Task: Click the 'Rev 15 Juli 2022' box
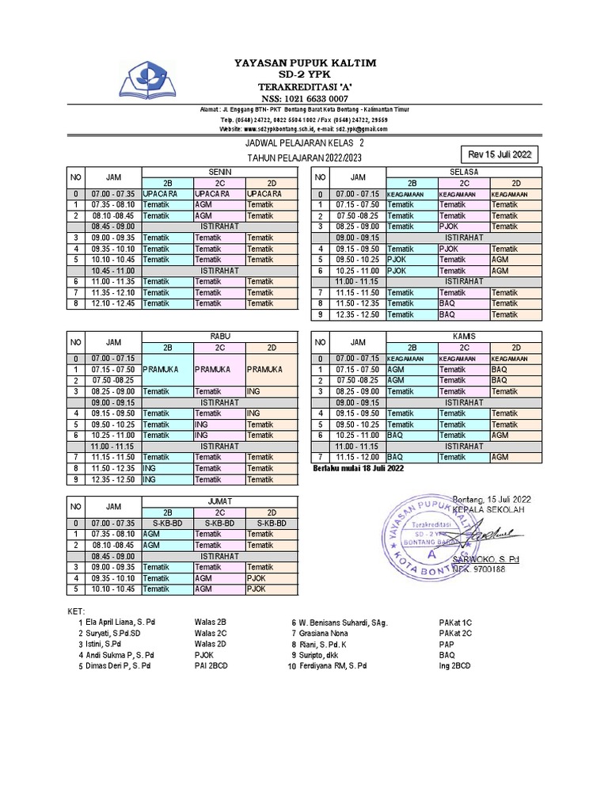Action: [500, 154]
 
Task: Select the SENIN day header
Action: [219, 172]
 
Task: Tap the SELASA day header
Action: [463, 172]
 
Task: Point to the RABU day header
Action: [219, 336]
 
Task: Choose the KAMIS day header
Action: [463, 336]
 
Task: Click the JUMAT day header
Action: [219, 501]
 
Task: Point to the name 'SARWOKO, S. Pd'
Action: [486, 559]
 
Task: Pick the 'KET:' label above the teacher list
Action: [76, 611]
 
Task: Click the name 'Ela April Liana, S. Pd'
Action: [120, 623]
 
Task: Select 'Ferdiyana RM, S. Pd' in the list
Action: [333, 667]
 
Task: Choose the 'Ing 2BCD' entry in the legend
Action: [455, 667]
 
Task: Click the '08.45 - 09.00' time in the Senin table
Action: [113, 226]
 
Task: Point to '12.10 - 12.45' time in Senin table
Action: [113, 303]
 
